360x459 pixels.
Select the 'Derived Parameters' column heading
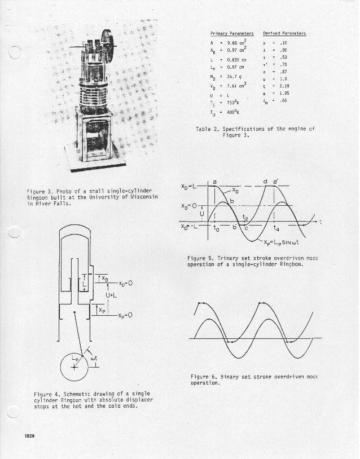tap(284, 34)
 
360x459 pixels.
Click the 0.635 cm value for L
tap(237, 59)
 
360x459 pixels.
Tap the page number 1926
tap(30, 436)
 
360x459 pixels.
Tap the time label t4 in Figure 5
tap(275, 228)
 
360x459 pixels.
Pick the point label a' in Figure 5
tap(275, 181)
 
